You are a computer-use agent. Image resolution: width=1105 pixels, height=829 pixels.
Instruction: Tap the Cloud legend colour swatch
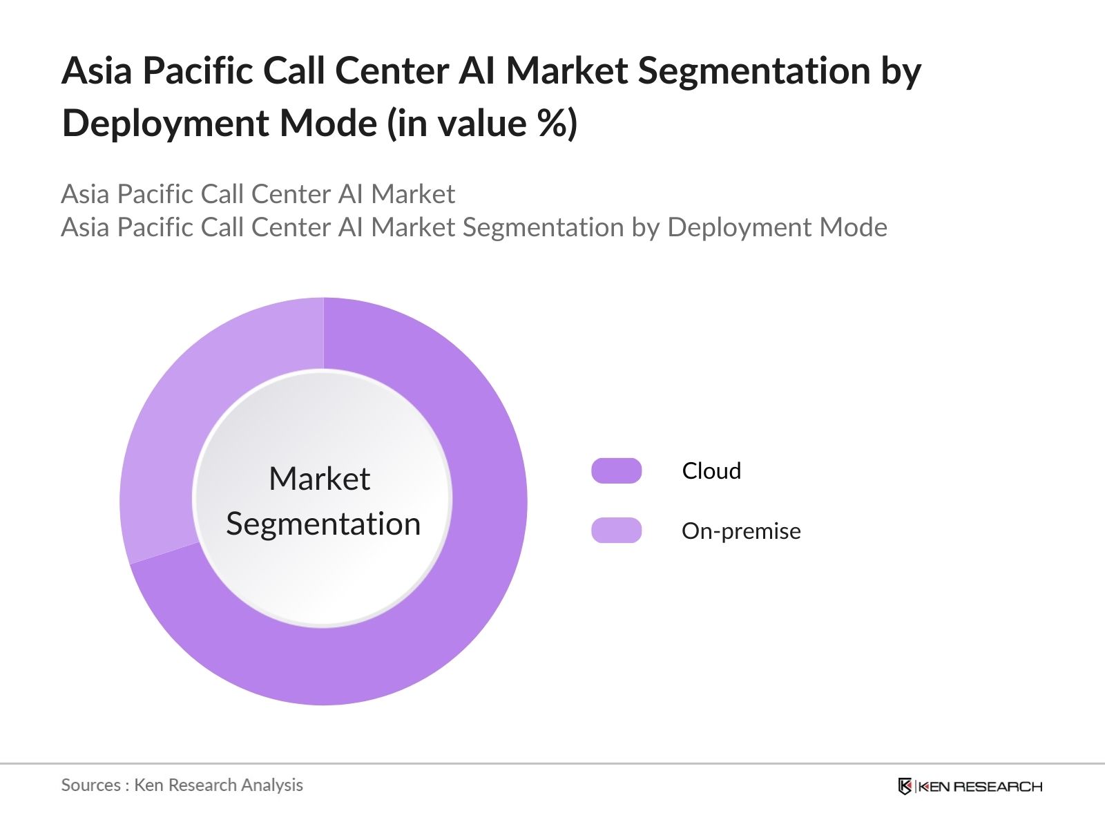(616, 470)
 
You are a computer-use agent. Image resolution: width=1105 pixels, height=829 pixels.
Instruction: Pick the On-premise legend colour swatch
(616, 531)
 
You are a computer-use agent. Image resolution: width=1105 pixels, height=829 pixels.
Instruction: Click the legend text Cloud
(711, 470)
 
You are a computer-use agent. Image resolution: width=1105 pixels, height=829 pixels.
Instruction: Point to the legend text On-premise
(741, 531)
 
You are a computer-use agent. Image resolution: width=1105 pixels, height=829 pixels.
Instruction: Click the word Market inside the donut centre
(319, 479)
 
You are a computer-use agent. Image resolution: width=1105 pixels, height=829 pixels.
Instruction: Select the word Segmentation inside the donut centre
(323, 524)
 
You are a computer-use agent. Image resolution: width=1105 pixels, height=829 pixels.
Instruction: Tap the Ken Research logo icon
(905, 786)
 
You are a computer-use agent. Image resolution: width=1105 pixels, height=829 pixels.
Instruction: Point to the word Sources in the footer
(90, 785)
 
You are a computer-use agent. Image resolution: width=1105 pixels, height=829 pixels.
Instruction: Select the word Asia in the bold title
(97, 71)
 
